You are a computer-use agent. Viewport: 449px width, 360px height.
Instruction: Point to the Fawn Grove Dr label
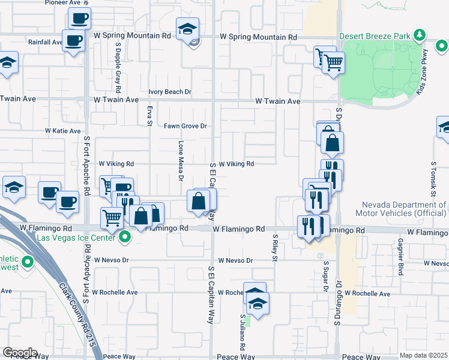[x=185, y=126]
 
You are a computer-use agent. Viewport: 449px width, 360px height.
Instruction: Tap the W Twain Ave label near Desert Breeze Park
[x=277, y=101]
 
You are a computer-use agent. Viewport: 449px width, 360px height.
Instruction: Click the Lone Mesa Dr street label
[x=181, y=160]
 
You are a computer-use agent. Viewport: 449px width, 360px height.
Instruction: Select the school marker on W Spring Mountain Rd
[x=187, y=28]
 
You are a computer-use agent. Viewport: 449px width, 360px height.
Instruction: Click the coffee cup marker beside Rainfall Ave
[x=74, y=41]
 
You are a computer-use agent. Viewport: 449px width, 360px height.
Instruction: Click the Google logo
[x=20, y=353]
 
